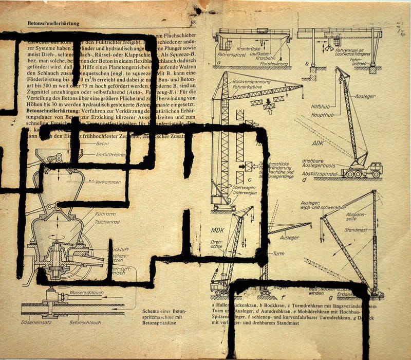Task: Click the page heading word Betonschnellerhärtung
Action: pos(57,24)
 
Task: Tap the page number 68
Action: pos(193,23)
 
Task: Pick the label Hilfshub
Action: pos(320,106)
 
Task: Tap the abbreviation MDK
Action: pos(218,229)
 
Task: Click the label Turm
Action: pos(278,254)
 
